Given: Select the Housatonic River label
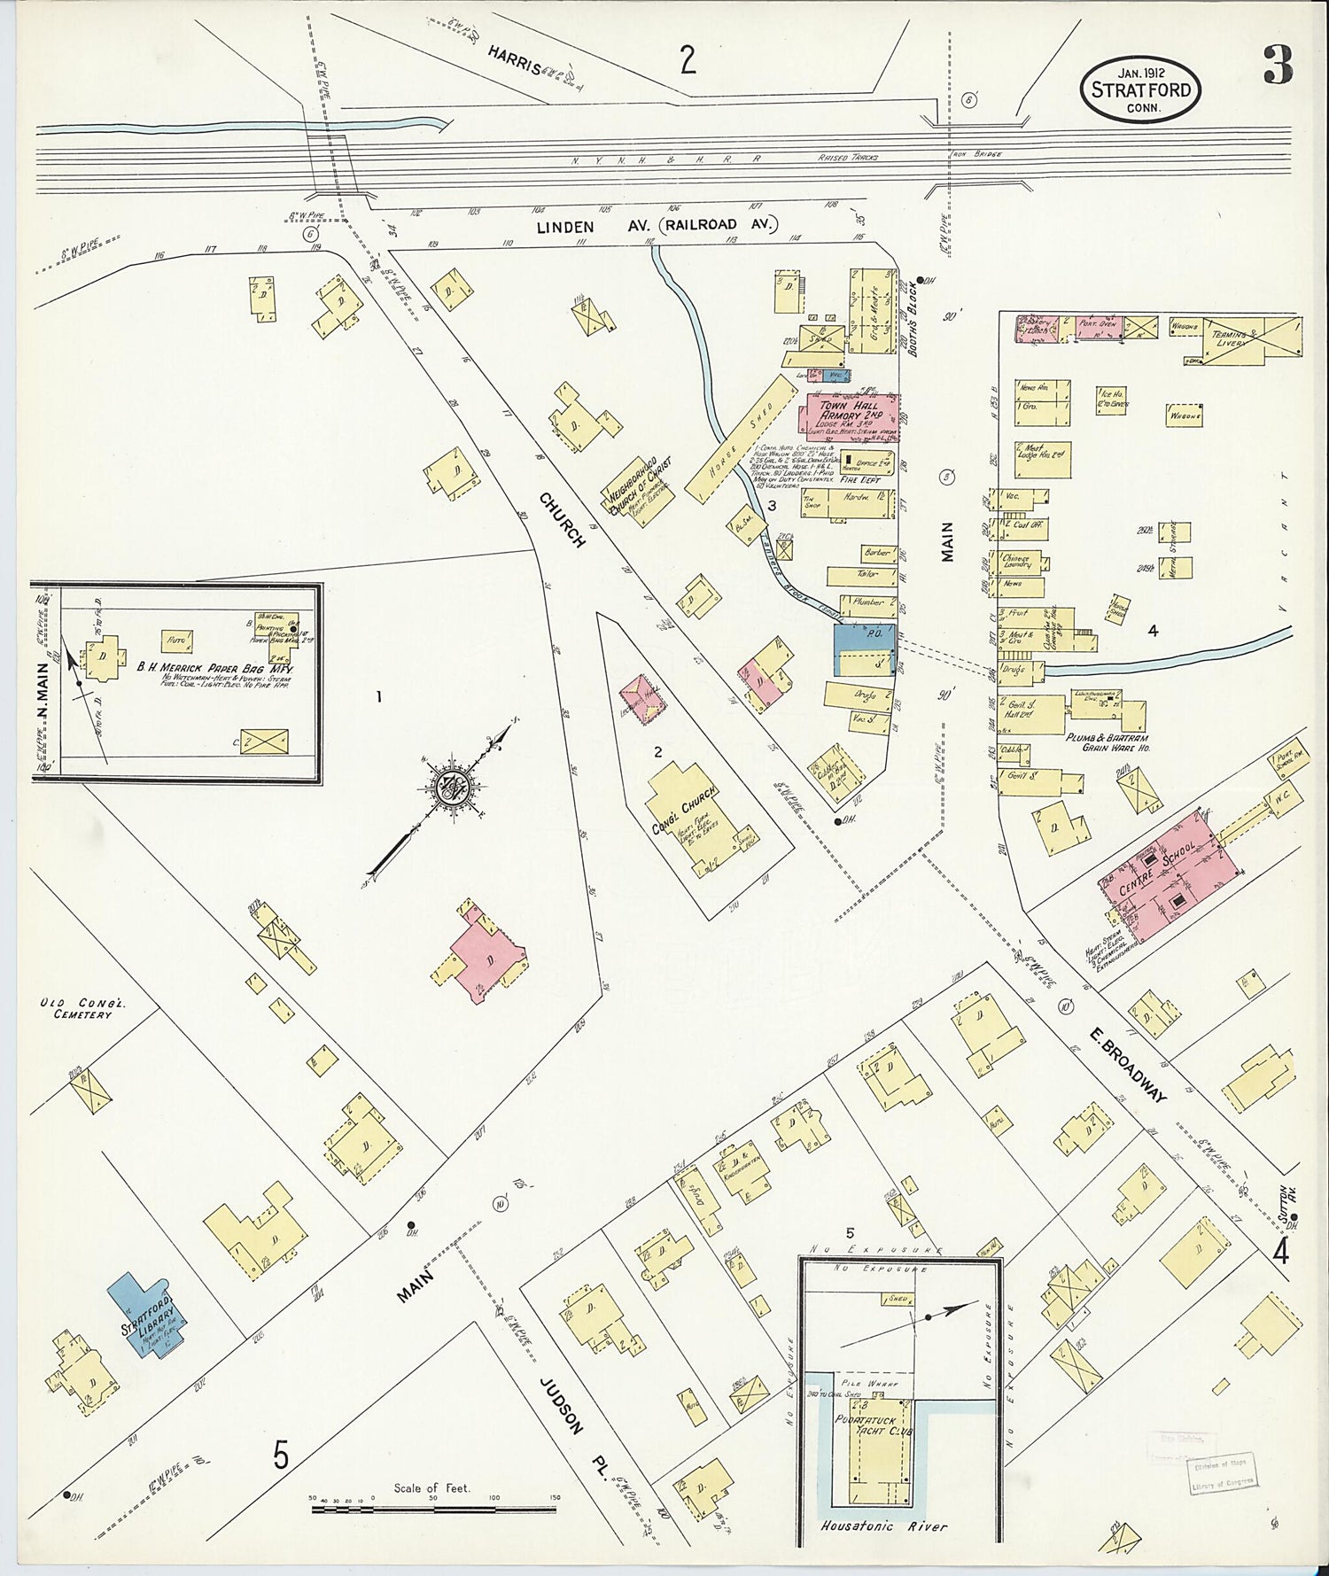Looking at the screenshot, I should pyautogui.click(x=883, y=1526).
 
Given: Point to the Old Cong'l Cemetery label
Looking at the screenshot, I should pyautogui.click(x=75, y=1008).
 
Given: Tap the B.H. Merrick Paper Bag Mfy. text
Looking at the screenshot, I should pyautogui.click(x=213, y=669).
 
